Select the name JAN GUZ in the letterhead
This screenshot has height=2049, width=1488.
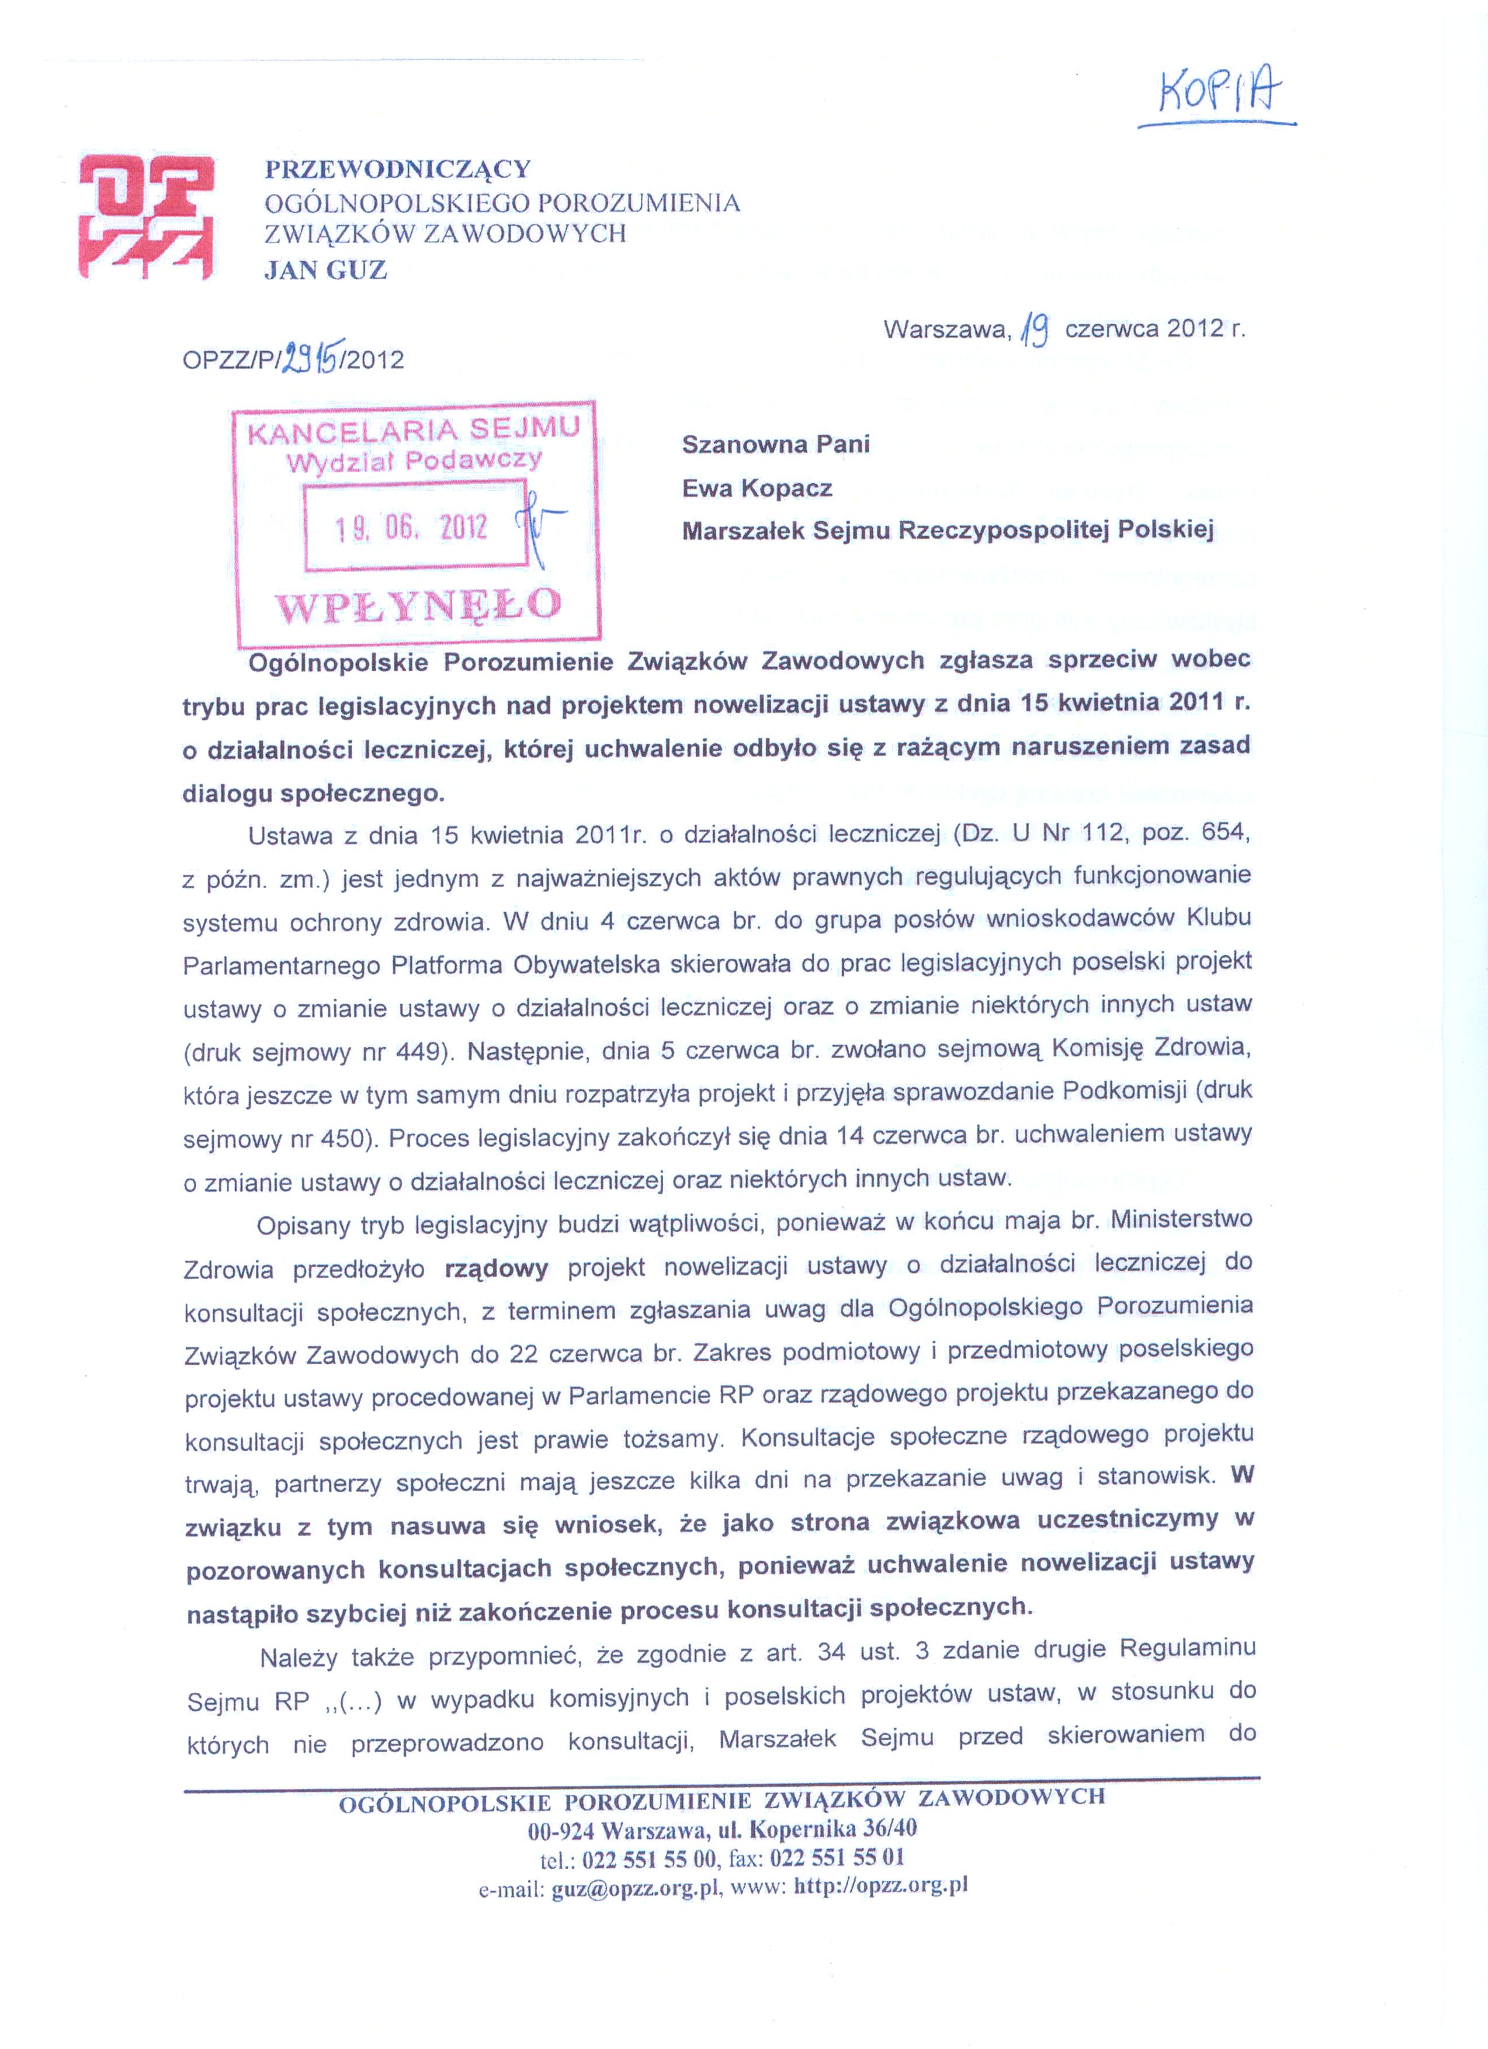click(325, 270)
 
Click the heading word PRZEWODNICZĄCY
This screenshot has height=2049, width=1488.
click(397, 169)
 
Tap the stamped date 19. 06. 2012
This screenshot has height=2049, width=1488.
click(411, 528)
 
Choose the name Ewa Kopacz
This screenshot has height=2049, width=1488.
click(757, 489)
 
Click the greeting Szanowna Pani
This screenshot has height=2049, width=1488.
click(775, 445)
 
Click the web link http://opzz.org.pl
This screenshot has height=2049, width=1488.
click(881, 1887)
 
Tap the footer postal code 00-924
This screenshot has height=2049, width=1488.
click(560, 1831)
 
